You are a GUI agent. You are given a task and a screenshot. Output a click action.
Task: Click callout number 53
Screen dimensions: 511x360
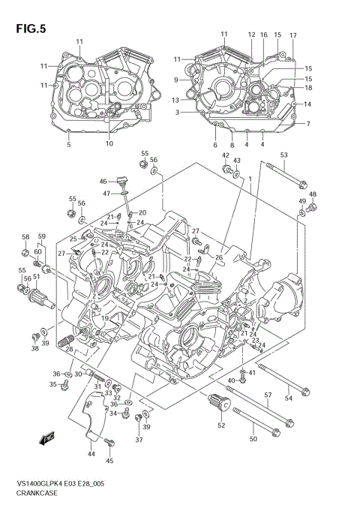(284, 155)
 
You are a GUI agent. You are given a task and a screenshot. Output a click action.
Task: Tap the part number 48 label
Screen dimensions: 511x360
(313, 194)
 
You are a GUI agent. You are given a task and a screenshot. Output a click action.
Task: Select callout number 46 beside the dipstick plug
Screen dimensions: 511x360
(103, 181)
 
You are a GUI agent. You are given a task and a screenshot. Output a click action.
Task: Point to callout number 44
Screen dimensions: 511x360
(91, 453)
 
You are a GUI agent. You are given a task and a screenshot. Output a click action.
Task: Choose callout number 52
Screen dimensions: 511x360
(221, 425)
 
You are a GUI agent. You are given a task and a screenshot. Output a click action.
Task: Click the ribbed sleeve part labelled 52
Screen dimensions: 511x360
(218, 408)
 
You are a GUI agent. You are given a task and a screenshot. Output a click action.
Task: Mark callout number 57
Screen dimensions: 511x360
(268, 395)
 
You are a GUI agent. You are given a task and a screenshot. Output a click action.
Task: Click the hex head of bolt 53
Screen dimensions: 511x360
(302, 184)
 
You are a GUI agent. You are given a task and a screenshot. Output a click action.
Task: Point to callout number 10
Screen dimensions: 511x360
(109, 143)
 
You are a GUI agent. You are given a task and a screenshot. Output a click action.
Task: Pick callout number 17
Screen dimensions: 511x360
(293, 35)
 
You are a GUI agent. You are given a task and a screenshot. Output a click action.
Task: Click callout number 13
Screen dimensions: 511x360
(175, 100)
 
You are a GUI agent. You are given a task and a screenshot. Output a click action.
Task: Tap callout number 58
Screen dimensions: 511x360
(25, 237)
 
